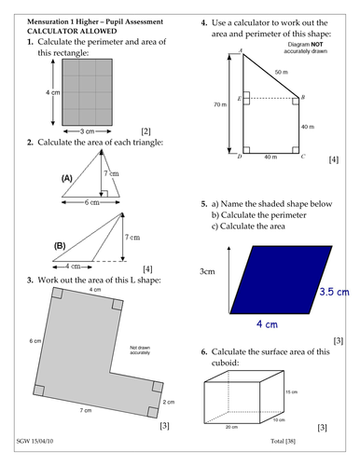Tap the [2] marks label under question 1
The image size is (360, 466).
click(x=145, y=131)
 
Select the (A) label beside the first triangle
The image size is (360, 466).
click(x=66, y=176)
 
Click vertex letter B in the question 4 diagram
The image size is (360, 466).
click(x=305, y=95)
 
